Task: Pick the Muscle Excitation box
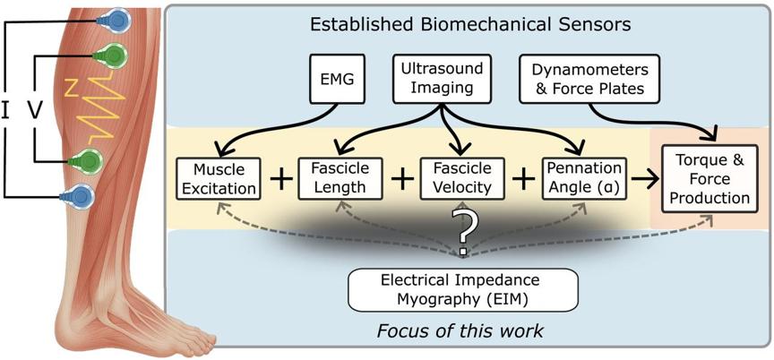point(219,178)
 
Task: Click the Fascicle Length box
point(340,178)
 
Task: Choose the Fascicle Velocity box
point(462,178)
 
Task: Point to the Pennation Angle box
point(584,178)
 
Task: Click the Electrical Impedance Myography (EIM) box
point(463,290)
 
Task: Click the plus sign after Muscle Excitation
point(280,179)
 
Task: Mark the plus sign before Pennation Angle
point(524,179)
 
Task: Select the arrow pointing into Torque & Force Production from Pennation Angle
point(645,179)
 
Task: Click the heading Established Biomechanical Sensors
point(470,25)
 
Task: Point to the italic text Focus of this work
point(460,331)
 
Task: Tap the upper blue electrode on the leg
point(114,21)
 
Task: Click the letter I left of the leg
point(5,111)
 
